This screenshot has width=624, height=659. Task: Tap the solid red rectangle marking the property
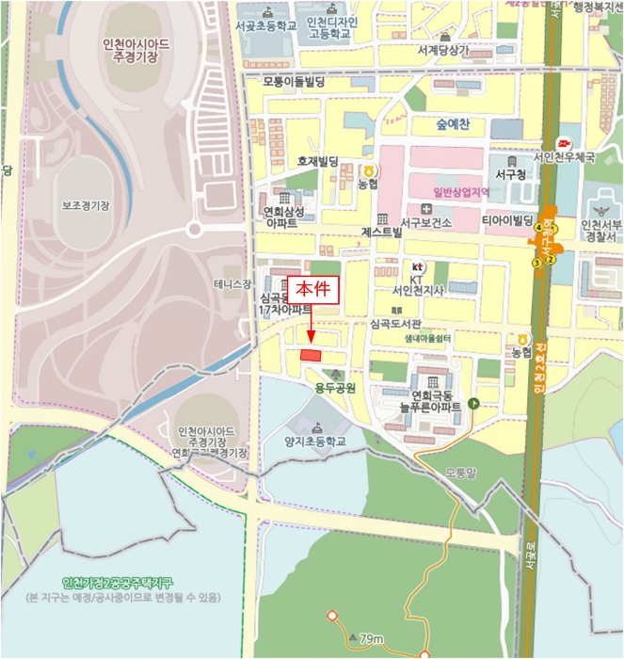310,354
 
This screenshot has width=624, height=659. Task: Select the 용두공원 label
336,386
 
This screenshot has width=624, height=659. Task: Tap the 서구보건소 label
426,222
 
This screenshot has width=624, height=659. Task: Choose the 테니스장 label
232,283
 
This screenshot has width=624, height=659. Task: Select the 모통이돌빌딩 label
294,83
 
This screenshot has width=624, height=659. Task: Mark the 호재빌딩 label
317,162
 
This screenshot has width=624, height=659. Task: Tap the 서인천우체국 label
564,157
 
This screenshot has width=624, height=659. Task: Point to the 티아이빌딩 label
508,220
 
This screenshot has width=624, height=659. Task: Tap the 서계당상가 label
442,50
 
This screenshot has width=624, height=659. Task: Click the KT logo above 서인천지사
418,266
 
